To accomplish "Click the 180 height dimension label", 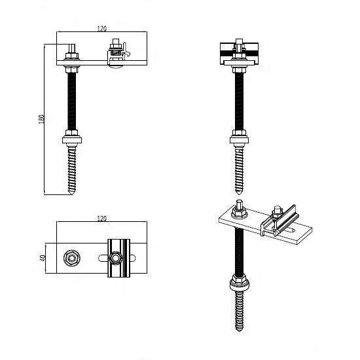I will pyautogui.click(x=41, y=120).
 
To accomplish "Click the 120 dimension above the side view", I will pyautogui.click(x=102, y=29).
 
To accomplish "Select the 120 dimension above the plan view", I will pyautogui.click(x=101, y=217).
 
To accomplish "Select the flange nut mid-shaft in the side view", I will pyautogui.click(x=71, y=138).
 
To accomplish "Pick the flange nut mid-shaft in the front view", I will pyautogui.click(x=240, y=138).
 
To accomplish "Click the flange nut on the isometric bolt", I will pyautogui.click(x=239, y=283).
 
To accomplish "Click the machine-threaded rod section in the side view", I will pyautogui.click(x=71, y=98).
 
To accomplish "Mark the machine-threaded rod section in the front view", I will pyautogui.click(x=240, y=98).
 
